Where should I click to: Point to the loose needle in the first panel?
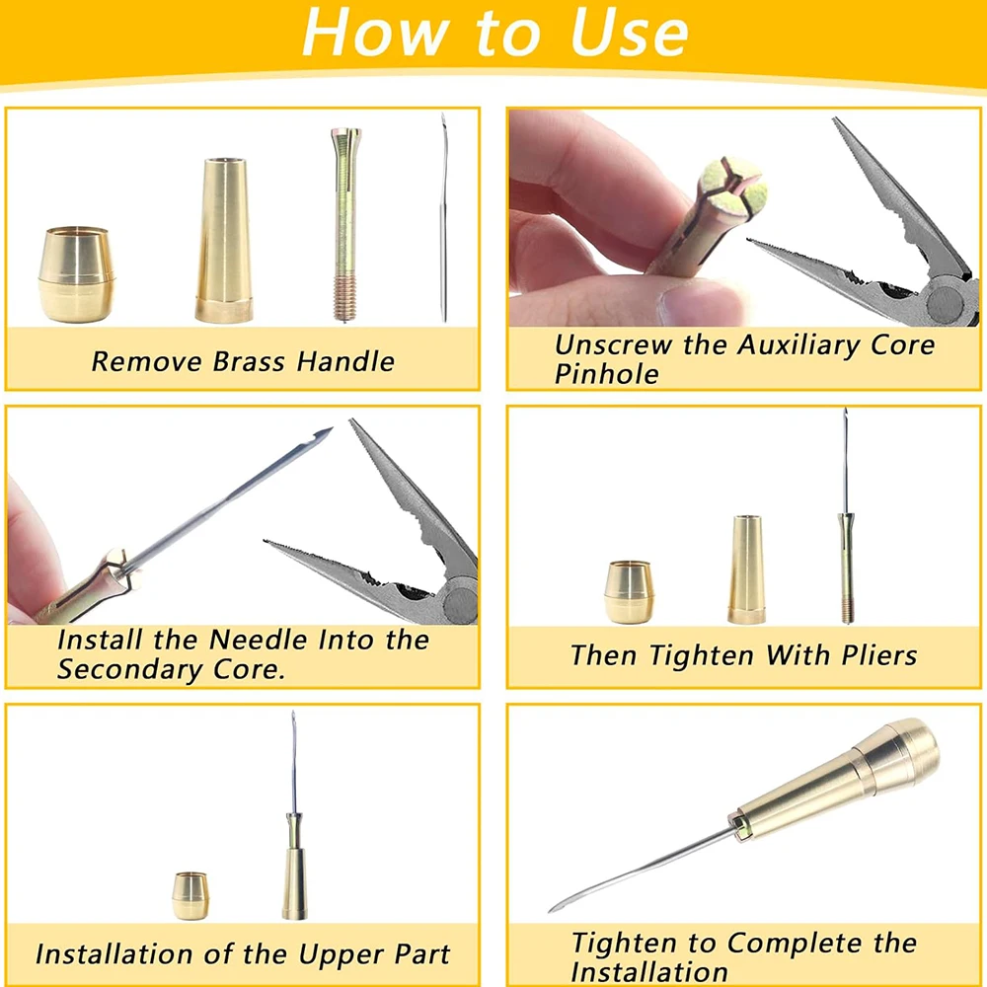[x=444, y=217]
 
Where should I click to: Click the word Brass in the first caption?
[x=247, y=361]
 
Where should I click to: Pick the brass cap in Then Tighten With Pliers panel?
[x=628, y=592]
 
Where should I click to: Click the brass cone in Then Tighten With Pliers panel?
[x=746, y=569]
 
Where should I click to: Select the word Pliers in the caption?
[x=873, y=655]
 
